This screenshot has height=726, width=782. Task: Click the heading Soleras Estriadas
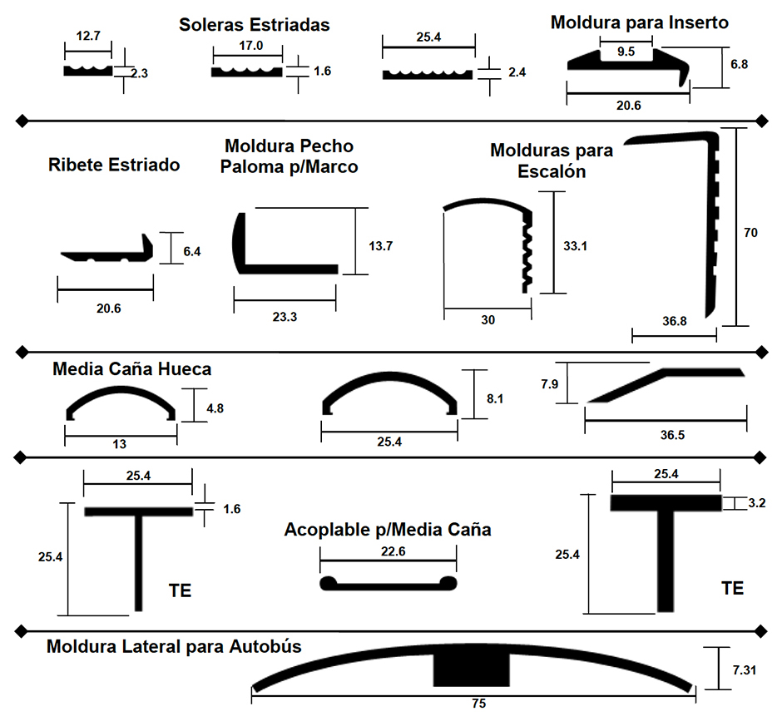255,24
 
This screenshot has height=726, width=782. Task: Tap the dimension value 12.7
88,36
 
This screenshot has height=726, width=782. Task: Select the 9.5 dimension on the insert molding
626,52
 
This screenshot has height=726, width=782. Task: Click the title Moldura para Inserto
640,22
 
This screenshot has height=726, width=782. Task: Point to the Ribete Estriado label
114,165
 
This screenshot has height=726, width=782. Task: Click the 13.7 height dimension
380,246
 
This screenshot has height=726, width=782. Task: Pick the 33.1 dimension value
575,246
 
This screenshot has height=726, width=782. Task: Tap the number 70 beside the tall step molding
750,232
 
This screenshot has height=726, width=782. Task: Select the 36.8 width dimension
675,321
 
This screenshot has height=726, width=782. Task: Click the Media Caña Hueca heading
132,369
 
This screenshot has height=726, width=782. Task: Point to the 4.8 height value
215,408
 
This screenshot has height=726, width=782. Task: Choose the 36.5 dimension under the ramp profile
672,435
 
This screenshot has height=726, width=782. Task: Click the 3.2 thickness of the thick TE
756,502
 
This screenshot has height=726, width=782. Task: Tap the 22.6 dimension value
393,551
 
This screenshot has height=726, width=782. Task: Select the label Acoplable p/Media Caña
388,530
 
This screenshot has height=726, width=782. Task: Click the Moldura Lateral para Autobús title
174,646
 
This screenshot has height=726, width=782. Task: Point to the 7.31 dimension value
744,670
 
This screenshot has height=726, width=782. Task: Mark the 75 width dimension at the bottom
479,703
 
